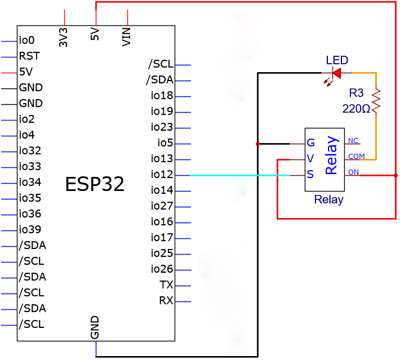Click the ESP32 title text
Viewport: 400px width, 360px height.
click(95, 184)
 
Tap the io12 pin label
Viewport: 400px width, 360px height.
click(162, 175)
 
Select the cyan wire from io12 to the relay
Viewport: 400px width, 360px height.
click(240, 175)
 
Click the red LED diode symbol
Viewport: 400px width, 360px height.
click(337, 73)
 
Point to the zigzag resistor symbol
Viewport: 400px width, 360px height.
click(376, 100)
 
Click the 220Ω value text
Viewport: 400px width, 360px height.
click(356, 109)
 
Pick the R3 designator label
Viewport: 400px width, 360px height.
click(356, 93)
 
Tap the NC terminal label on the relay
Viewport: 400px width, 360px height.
click(353, 141)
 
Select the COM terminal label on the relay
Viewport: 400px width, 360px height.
click(357, 156)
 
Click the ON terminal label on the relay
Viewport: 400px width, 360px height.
click(354, 172)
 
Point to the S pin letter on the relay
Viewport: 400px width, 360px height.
click(310, 174)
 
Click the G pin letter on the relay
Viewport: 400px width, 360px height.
click(311, 143)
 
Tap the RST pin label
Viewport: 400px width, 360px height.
click(29, 56)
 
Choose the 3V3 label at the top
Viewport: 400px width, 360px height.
click(63, 37)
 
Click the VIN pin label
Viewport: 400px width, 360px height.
click(126, 37)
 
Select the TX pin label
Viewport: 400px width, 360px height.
click(166, 285)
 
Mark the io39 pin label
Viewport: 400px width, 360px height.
click(30, 229)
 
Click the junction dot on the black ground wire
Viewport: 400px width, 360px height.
click(257, 144)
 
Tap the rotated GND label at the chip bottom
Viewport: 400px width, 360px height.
click(95, 327)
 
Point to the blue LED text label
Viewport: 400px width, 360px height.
click(337, 60)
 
